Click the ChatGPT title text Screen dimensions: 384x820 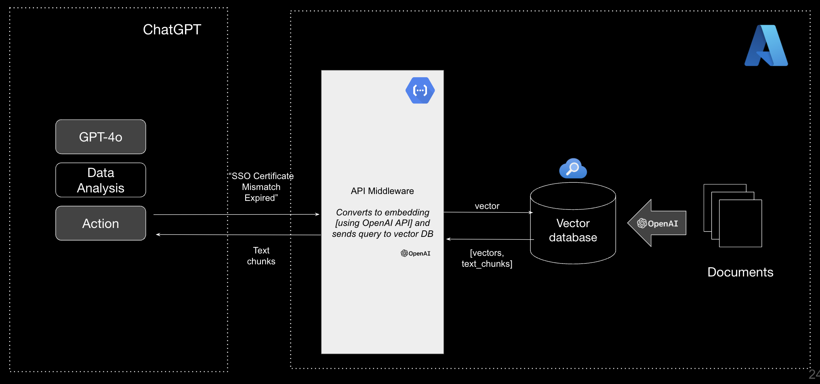pyautogui.click(x=172, y=30)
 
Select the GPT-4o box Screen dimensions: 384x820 pyautogui.click(x=101, y=137)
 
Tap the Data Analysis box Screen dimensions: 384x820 pyautogui.click(x=101, y=180)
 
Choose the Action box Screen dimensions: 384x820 pyautogui.click(x=101, y=223)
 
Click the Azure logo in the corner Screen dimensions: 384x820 pyautogui.click(x=766, y=46)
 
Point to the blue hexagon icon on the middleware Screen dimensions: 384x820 pyautogui.click(x=420, y=91)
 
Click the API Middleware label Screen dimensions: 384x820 pyautogui.click(x=382, y=191)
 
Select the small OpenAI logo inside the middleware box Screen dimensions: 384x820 pyautogui.click(x=415, y=253)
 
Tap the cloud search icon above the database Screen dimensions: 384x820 pyautogui.click(x=573, y=169)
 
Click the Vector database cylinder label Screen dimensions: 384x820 pyautogui.click(x=573, y=230)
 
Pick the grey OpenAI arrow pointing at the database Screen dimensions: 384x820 pyautogui.click(x=657, y=223)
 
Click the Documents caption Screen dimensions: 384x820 pyautogui.click(x=740, y=272)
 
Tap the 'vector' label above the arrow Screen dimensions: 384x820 pyautogui.click(x=487, y=206)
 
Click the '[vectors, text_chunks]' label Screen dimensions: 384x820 pyautogui.click(x=487, y=258)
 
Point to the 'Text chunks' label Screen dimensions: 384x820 pyautogui.click(x=261, y=256)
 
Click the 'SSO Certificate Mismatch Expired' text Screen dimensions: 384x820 pyautogui.click(x=261, y=187)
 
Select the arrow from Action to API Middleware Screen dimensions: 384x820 pyautogui.click(x=236, y=215)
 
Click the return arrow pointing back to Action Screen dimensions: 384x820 pyautogui.click(x=238, y=234)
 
